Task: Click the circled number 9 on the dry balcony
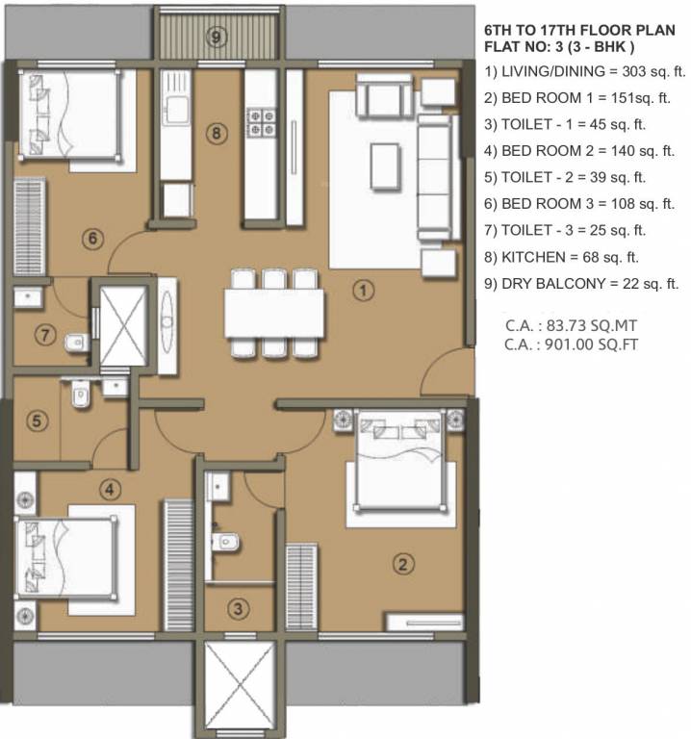coord(217,38)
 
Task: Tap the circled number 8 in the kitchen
coord(218,134)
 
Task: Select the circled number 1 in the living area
coord(362,289)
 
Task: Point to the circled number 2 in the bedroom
coord(405,565)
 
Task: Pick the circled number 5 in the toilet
coord(37,420)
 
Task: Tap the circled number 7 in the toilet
coord(44,335)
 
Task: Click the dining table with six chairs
coord(271,314)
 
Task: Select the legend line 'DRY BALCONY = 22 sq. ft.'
coord(582,284)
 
